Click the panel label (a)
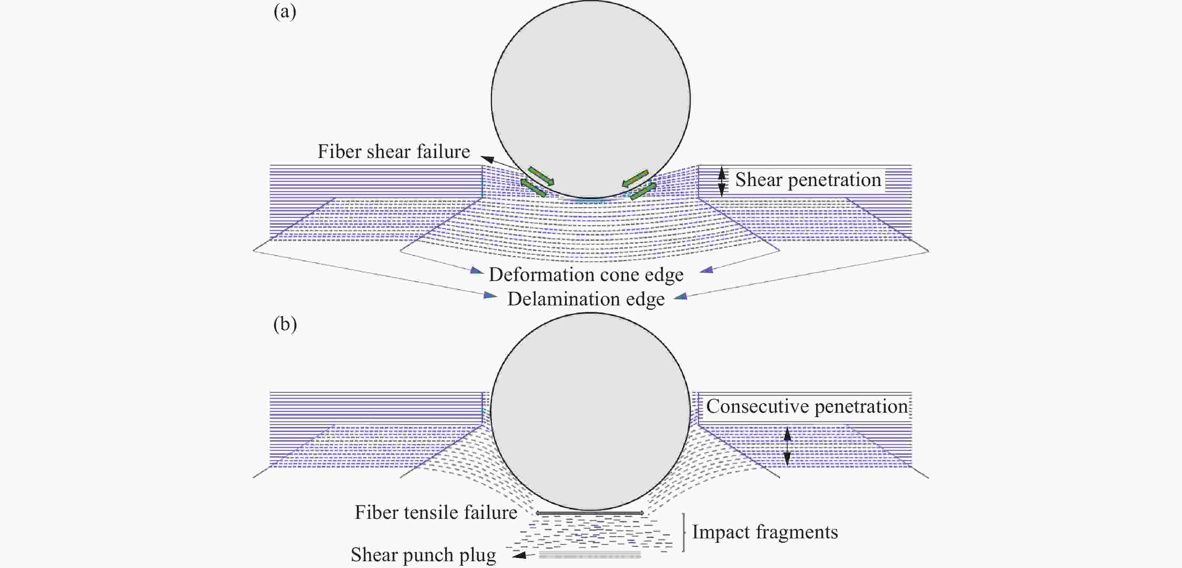(x=284, y=12)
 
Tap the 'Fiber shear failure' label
(x=394, y=152)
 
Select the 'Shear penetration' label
(x=808, y=179)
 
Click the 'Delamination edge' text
(x=586, y=299)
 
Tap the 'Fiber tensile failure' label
(x=436, y=512)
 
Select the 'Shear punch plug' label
(x=423, y=555)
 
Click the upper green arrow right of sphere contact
(x=636, y=179)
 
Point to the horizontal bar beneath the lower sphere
(x=589, y=513)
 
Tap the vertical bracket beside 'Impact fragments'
(x=684, y=532)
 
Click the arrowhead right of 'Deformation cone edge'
(x=707, y=270)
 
